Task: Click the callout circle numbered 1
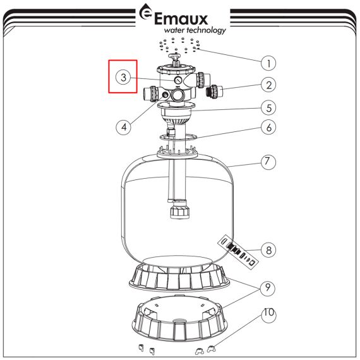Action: [x=268, y=63]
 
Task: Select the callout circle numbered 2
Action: [x=268, y=85]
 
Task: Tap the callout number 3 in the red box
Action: [x=124, y=77]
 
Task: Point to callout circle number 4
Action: [x=124, y=127]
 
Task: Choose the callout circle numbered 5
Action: [x=268, y=108]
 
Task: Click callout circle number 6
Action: [x=268, y=128]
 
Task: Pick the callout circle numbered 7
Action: [x=268, y=162]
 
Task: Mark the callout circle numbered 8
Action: [x=268, y=250]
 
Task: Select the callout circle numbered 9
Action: [x=268, y=288]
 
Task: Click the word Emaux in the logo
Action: [x=181, y=19]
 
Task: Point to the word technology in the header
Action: [x=206, y=30]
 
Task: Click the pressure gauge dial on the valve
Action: [x=178, y=80]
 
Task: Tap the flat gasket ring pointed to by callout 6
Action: [x=179, y=137]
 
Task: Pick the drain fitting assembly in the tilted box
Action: [x=238, y=252]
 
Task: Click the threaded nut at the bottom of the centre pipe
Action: [x=180, y=210]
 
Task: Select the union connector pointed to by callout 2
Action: [x=215, y=92]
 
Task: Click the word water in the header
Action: [x=174, y=30]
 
